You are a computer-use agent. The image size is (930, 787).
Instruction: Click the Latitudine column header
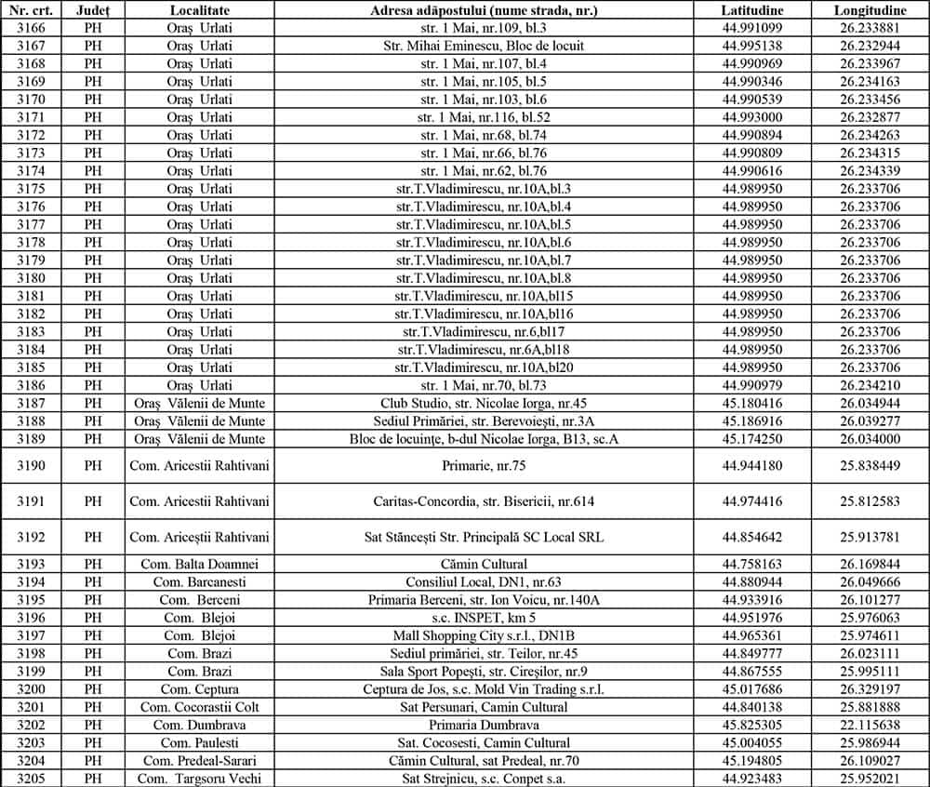pos(752,9)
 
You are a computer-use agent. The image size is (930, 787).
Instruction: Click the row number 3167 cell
pos(31,45)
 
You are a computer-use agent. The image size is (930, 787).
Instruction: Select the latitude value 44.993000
pos(752,117)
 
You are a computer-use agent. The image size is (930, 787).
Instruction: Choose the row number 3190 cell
pos(31,464)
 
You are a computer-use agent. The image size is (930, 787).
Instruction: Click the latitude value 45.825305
pos(752,725)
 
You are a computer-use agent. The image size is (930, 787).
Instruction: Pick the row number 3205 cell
pos(31,779)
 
